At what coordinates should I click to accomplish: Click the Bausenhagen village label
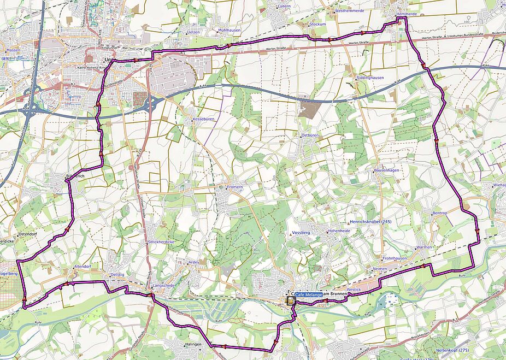(386, 170)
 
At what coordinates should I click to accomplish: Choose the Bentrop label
(439, 213)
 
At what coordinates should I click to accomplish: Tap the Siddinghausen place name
(370, 78)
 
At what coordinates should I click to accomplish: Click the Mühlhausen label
(229, 30)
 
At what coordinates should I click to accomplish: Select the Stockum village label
(317, 25)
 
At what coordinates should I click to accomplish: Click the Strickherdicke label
(161, 241)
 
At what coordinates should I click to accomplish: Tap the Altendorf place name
(82, 267)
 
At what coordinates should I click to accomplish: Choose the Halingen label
(193, 344)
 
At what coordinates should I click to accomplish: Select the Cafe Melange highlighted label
(309, 295)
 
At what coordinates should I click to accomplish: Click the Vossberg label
(302, 233)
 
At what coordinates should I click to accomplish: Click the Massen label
(13, 50)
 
